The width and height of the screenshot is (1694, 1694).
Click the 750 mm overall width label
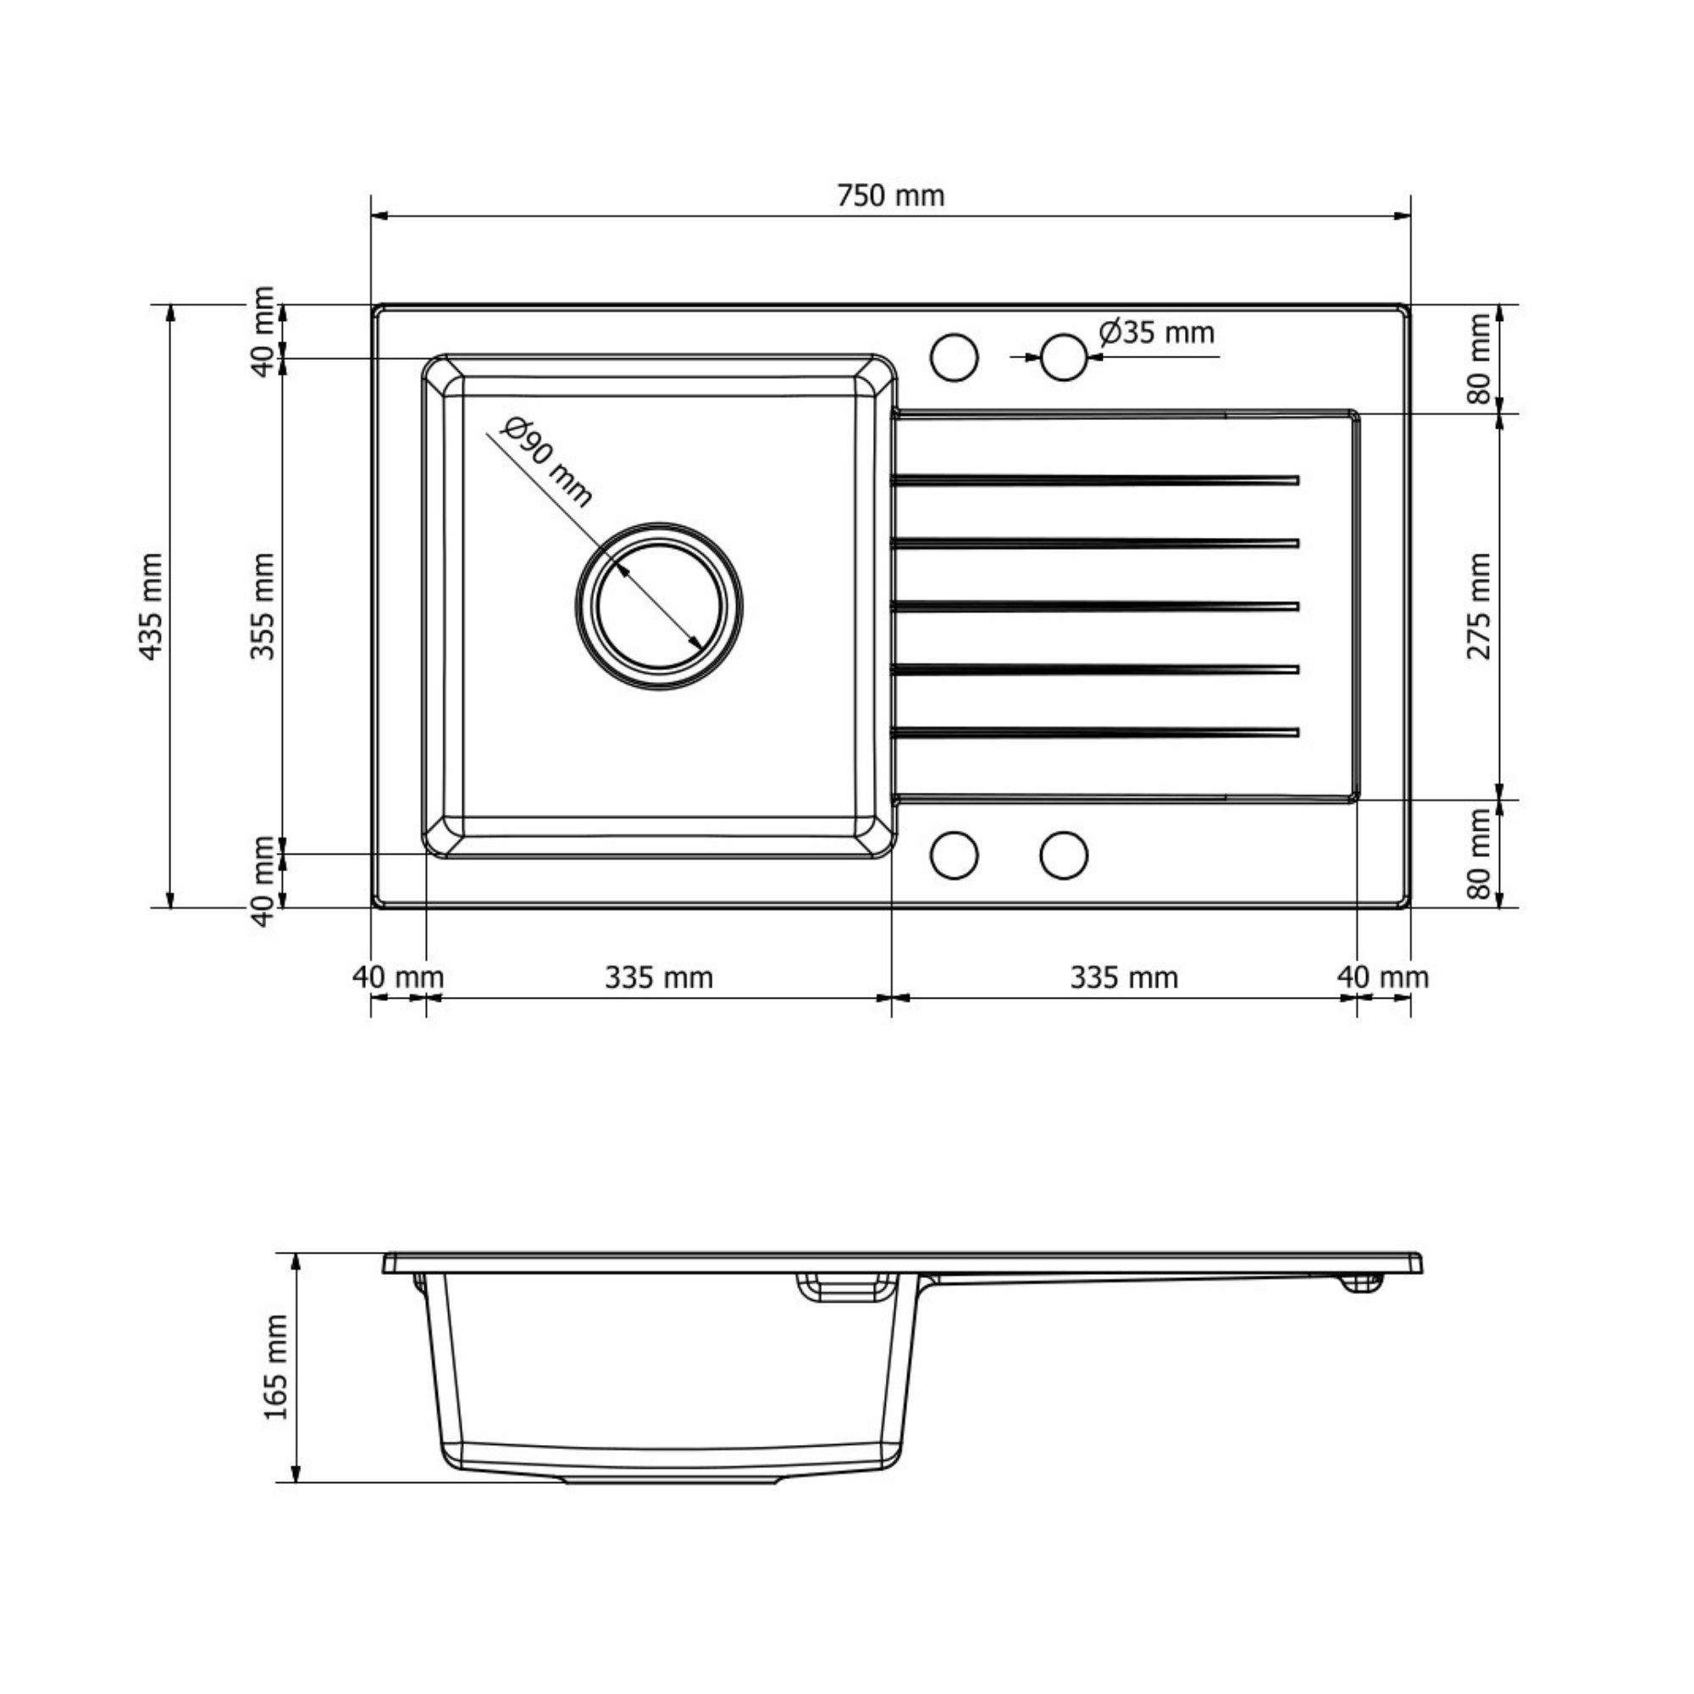click(891, 195)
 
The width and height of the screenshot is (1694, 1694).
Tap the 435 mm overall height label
click(151, 606)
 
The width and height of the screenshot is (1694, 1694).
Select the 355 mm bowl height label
click(263, 606)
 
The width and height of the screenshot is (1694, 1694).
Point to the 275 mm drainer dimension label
click(1478, 606)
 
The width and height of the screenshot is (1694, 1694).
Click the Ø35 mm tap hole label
click(1156, 332)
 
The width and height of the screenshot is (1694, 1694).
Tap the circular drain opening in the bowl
click(659, 605)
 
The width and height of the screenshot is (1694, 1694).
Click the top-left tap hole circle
click(954, 357)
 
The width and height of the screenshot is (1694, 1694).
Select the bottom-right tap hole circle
click(1065, 855)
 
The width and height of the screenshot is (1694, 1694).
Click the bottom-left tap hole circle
click(954, 855)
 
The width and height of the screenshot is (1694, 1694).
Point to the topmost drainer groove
click(1094, 479)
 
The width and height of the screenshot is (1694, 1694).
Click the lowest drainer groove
click(1094, 731)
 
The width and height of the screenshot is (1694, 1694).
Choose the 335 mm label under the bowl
click(658, 977)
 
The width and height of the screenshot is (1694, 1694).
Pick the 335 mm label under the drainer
click(1124, 977)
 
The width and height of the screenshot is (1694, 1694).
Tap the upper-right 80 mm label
click(1478, 357)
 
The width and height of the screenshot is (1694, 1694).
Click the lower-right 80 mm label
click(1478, 854)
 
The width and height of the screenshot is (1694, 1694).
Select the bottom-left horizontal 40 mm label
click(398, 977)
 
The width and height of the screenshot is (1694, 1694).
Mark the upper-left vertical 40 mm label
click(263, 331)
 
